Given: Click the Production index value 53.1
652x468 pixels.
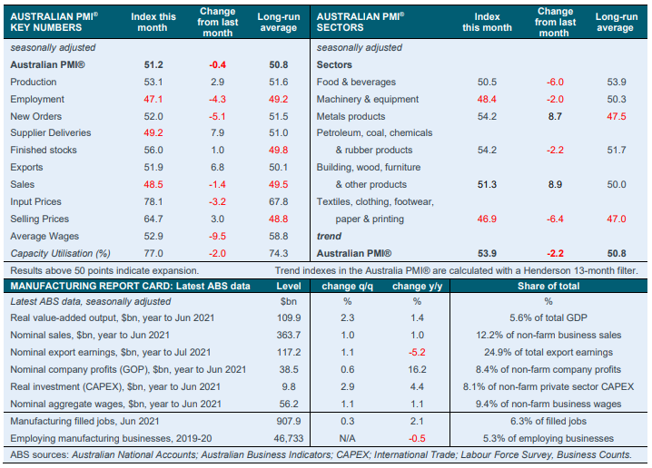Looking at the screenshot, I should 153,83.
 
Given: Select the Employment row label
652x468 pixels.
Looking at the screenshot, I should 38,100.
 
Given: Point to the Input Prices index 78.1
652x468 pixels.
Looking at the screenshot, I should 153,202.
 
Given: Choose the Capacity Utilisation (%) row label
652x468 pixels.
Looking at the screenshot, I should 59,254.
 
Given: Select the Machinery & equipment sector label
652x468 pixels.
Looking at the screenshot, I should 367,100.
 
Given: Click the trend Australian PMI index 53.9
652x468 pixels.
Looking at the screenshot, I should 487,254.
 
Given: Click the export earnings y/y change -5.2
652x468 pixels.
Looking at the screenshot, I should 417,352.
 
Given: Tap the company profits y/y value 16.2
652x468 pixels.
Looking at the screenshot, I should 417,369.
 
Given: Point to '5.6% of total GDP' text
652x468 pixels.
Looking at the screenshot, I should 548,317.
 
